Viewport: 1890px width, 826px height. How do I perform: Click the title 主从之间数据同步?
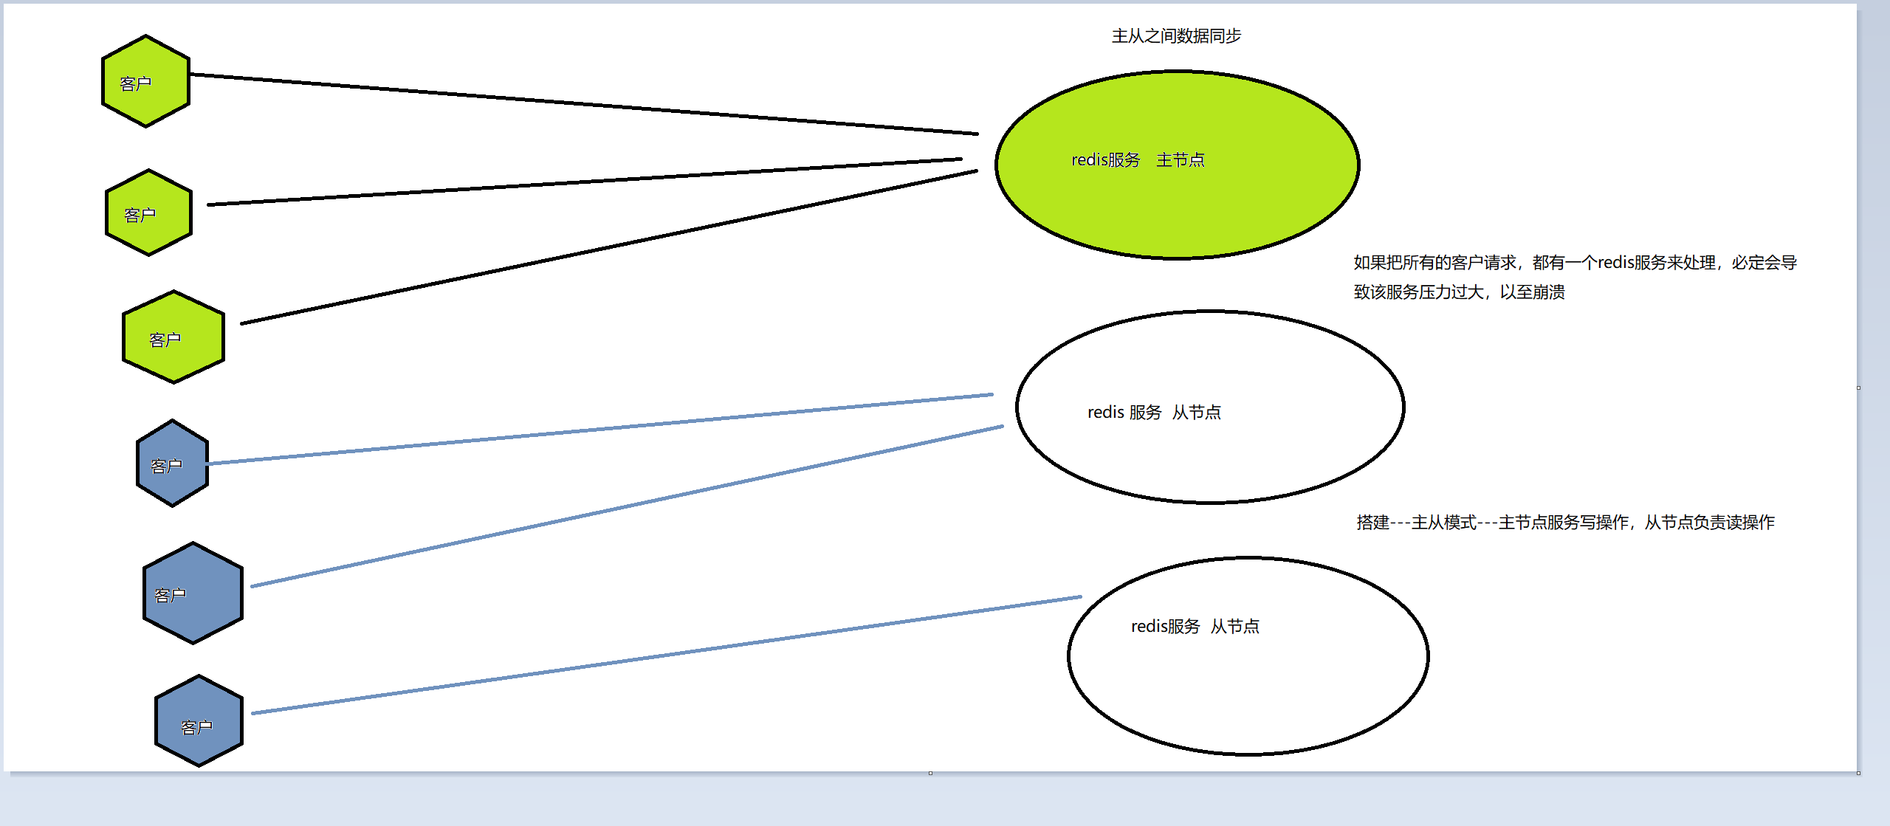pos(1176,36)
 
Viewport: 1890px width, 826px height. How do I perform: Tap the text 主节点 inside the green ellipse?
pos(1180,160)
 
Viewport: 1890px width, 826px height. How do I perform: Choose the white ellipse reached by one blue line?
pos(1248,686)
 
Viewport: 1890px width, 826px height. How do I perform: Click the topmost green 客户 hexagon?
pos(145,81)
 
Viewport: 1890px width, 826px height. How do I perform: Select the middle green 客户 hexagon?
pos(148,213)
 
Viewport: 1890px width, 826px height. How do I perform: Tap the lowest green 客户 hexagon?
pos(173,337)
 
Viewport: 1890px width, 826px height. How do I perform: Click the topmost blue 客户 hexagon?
pos(172,464)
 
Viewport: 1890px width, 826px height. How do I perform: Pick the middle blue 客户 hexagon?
pos(193,593)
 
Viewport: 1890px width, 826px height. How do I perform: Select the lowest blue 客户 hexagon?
pos(199,721)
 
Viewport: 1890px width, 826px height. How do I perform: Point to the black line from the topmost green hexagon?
pos(583,104)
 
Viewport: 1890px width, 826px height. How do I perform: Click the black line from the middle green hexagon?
pos(583,182)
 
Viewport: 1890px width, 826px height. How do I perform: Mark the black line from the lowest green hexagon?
pos(609,247)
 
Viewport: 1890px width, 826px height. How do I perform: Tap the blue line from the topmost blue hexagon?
pos(598,430)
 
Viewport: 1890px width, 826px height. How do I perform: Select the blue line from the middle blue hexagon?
pos(628,506)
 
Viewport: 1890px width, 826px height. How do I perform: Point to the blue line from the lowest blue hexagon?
pos(664,655)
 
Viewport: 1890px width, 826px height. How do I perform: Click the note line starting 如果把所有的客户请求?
pos(1574,263)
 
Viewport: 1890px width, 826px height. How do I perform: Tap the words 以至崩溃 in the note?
pos(1532,292)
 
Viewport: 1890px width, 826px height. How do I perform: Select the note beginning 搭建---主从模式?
pos(1565,523)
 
